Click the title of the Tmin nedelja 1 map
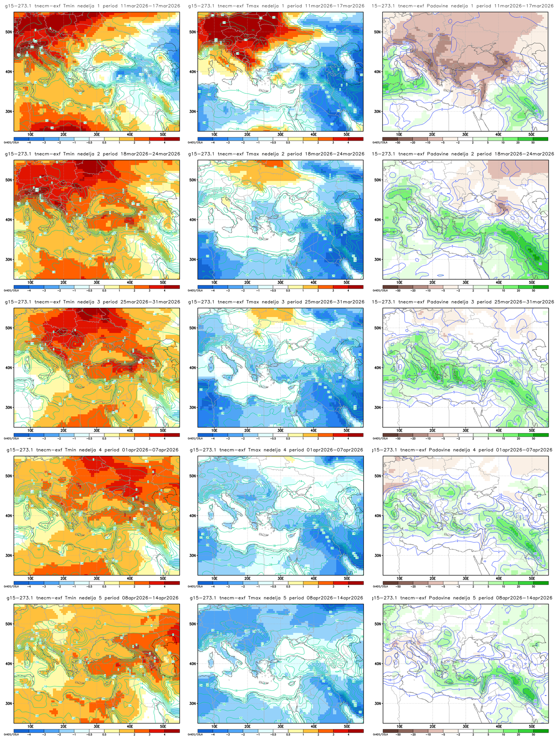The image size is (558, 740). point(93,6)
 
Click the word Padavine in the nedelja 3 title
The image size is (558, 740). point(439,302)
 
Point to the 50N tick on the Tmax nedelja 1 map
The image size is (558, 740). point(193,32)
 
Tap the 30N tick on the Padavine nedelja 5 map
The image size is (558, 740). point(378,703)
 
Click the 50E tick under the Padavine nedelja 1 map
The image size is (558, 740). point(531,134)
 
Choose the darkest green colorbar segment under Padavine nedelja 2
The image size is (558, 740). point(540,287)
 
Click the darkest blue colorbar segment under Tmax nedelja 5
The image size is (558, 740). point(205,731)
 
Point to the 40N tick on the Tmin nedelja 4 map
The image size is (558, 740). point(9,516)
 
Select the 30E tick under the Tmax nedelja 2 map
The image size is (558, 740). point(280,282)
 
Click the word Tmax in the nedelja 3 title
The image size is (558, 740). point(255,302)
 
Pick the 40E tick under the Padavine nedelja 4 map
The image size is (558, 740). point(498,578)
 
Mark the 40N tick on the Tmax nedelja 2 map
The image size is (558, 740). point(193,219)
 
